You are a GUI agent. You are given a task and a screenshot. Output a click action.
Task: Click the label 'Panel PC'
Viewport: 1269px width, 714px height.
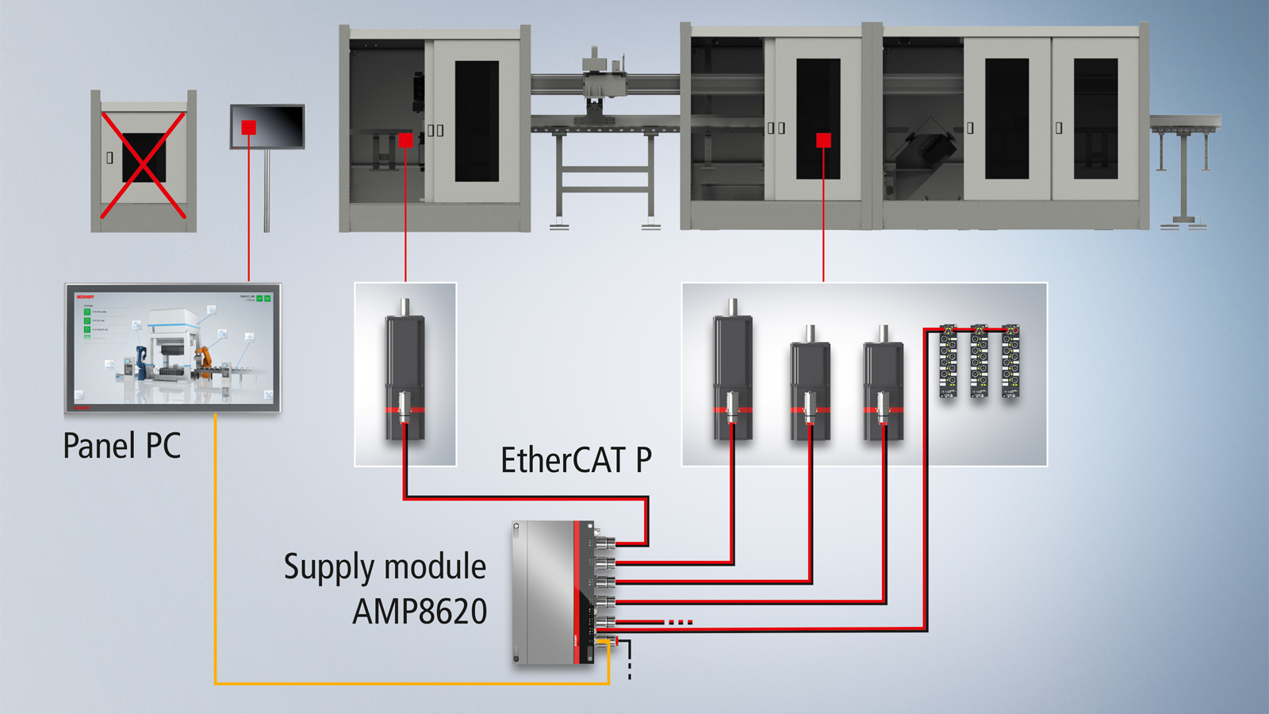click(x=121, y=446)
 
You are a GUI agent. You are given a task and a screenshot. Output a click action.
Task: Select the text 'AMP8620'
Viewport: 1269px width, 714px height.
click(x=420, y=612)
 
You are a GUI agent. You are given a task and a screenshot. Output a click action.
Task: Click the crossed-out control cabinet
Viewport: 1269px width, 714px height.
click(x=144, y=162)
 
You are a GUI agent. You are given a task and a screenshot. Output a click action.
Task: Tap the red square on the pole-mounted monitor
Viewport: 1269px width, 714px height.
click(x=249, y=127)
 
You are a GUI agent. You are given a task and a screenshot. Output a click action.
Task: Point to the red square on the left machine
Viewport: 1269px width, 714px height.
click(x=406, y=140)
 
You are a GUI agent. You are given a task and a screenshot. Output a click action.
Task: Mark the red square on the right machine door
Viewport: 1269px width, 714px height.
click(x=823, y=140)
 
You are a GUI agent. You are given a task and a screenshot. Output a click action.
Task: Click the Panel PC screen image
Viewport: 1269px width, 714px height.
click(x=173, y=347)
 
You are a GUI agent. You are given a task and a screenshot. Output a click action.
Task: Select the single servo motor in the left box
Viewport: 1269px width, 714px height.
click(x=405, y=373)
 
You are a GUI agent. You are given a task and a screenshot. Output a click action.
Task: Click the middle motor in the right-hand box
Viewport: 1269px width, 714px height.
click(x=810, y=385)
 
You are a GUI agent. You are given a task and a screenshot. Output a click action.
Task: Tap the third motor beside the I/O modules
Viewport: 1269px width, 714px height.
click(x=883, y=385)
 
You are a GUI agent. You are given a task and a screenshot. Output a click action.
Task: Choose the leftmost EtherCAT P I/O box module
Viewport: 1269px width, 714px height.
click(x=949, y=361)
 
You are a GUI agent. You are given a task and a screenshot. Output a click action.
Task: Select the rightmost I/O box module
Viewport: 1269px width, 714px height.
click(x=1010, y=361)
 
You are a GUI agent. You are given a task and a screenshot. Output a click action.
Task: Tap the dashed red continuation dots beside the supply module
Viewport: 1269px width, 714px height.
click(x=680, y=622)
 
